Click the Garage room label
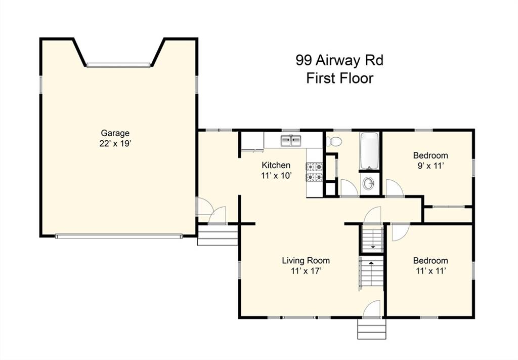pyautogui.click(x=115, y=133)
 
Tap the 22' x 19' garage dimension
pyautogui.click(x=115, y=144)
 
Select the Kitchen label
pyautogui.click(x=276, y=165)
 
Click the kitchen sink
pyautogui.click(x=291, y=140)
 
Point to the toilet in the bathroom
pyautogui.click(x=334, y=141)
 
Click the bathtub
pyautogui.click(x=369, y=150)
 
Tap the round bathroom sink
pyautogui.click(x=369, y=182)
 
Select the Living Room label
pyautogui.click(x=306, y=260)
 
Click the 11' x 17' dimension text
pyautogui.click(x=306, y=271)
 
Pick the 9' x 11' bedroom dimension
pyautogui.click(x=430, y=166)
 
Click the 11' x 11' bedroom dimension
pyautogui.click(x=430, y=271)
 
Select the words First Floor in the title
pyautogui.click(x=340, y=78)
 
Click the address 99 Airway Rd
pyautogui.click(x=339, y=60)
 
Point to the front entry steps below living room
pyautogui.click(x=372, y=329)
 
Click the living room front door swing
pyautogui.click(x=372, y=309)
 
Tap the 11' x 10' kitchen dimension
pyautogui.click(x=276, y=176)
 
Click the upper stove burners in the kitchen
pyautogui.click(x=314, y=167)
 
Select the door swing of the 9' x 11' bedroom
pyautogui.click(x=394, y=187)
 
